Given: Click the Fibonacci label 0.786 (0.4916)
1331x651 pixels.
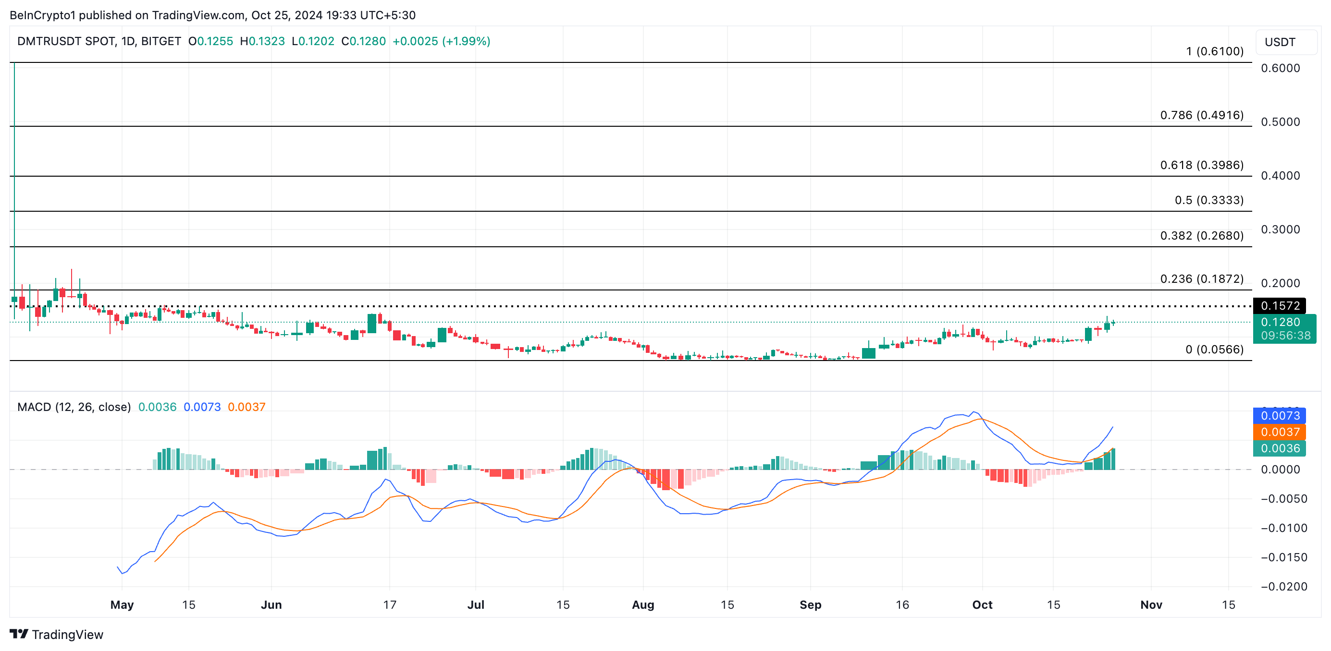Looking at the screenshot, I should click(1201, 115).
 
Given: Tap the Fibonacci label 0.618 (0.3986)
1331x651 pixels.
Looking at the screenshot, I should click(1201, 165).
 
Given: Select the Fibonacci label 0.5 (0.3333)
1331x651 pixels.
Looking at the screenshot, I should click(1208, 200).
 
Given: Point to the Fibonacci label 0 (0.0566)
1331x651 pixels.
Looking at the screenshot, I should click(1214, 349).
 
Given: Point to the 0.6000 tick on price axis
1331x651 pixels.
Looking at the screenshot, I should click(1280, 68).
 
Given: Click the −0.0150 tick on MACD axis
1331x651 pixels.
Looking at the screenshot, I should click(1283, 557).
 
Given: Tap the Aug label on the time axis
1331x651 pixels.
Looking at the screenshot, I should click(643, 604).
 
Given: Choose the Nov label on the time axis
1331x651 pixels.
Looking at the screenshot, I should click(1151, 604).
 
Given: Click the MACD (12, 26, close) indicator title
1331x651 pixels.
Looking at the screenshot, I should click(74, 407).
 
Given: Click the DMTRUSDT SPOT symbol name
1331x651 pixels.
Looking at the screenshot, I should click(66, 41).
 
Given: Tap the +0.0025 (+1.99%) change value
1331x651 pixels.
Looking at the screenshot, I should click(441, 41).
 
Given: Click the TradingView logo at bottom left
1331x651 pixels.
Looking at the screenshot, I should click(57, 634).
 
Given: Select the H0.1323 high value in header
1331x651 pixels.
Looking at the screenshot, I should click(262, 41).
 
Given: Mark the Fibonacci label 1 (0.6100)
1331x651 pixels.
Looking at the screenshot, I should click(1214, 51).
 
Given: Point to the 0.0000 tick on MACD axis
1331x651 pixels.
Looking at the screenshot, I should click(1280, 469).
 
